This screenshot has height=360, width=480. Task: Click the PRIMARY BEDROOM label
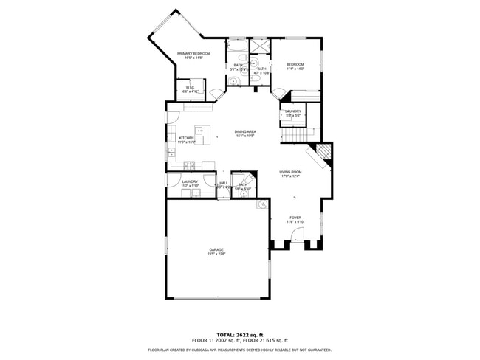pos(193,54)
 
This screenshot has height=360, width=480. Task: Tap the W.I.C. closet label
pos(190,89)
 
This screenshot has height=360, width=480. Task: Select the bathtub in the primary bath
pos(239,51)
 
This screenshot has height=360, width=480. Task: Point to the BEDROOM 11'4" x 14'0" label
pos(295,65)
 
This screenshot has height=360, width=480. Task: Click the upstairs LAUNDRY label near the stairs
pos(293,112)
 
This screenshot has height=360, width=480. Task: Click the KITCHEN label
pos(186,139)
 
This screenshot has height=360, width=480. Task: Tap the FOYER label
pos(295,218)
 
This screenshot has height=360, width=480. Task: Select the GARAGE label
pos(216,250)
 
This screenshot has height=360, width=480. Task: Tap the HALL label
pos(223,184)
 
